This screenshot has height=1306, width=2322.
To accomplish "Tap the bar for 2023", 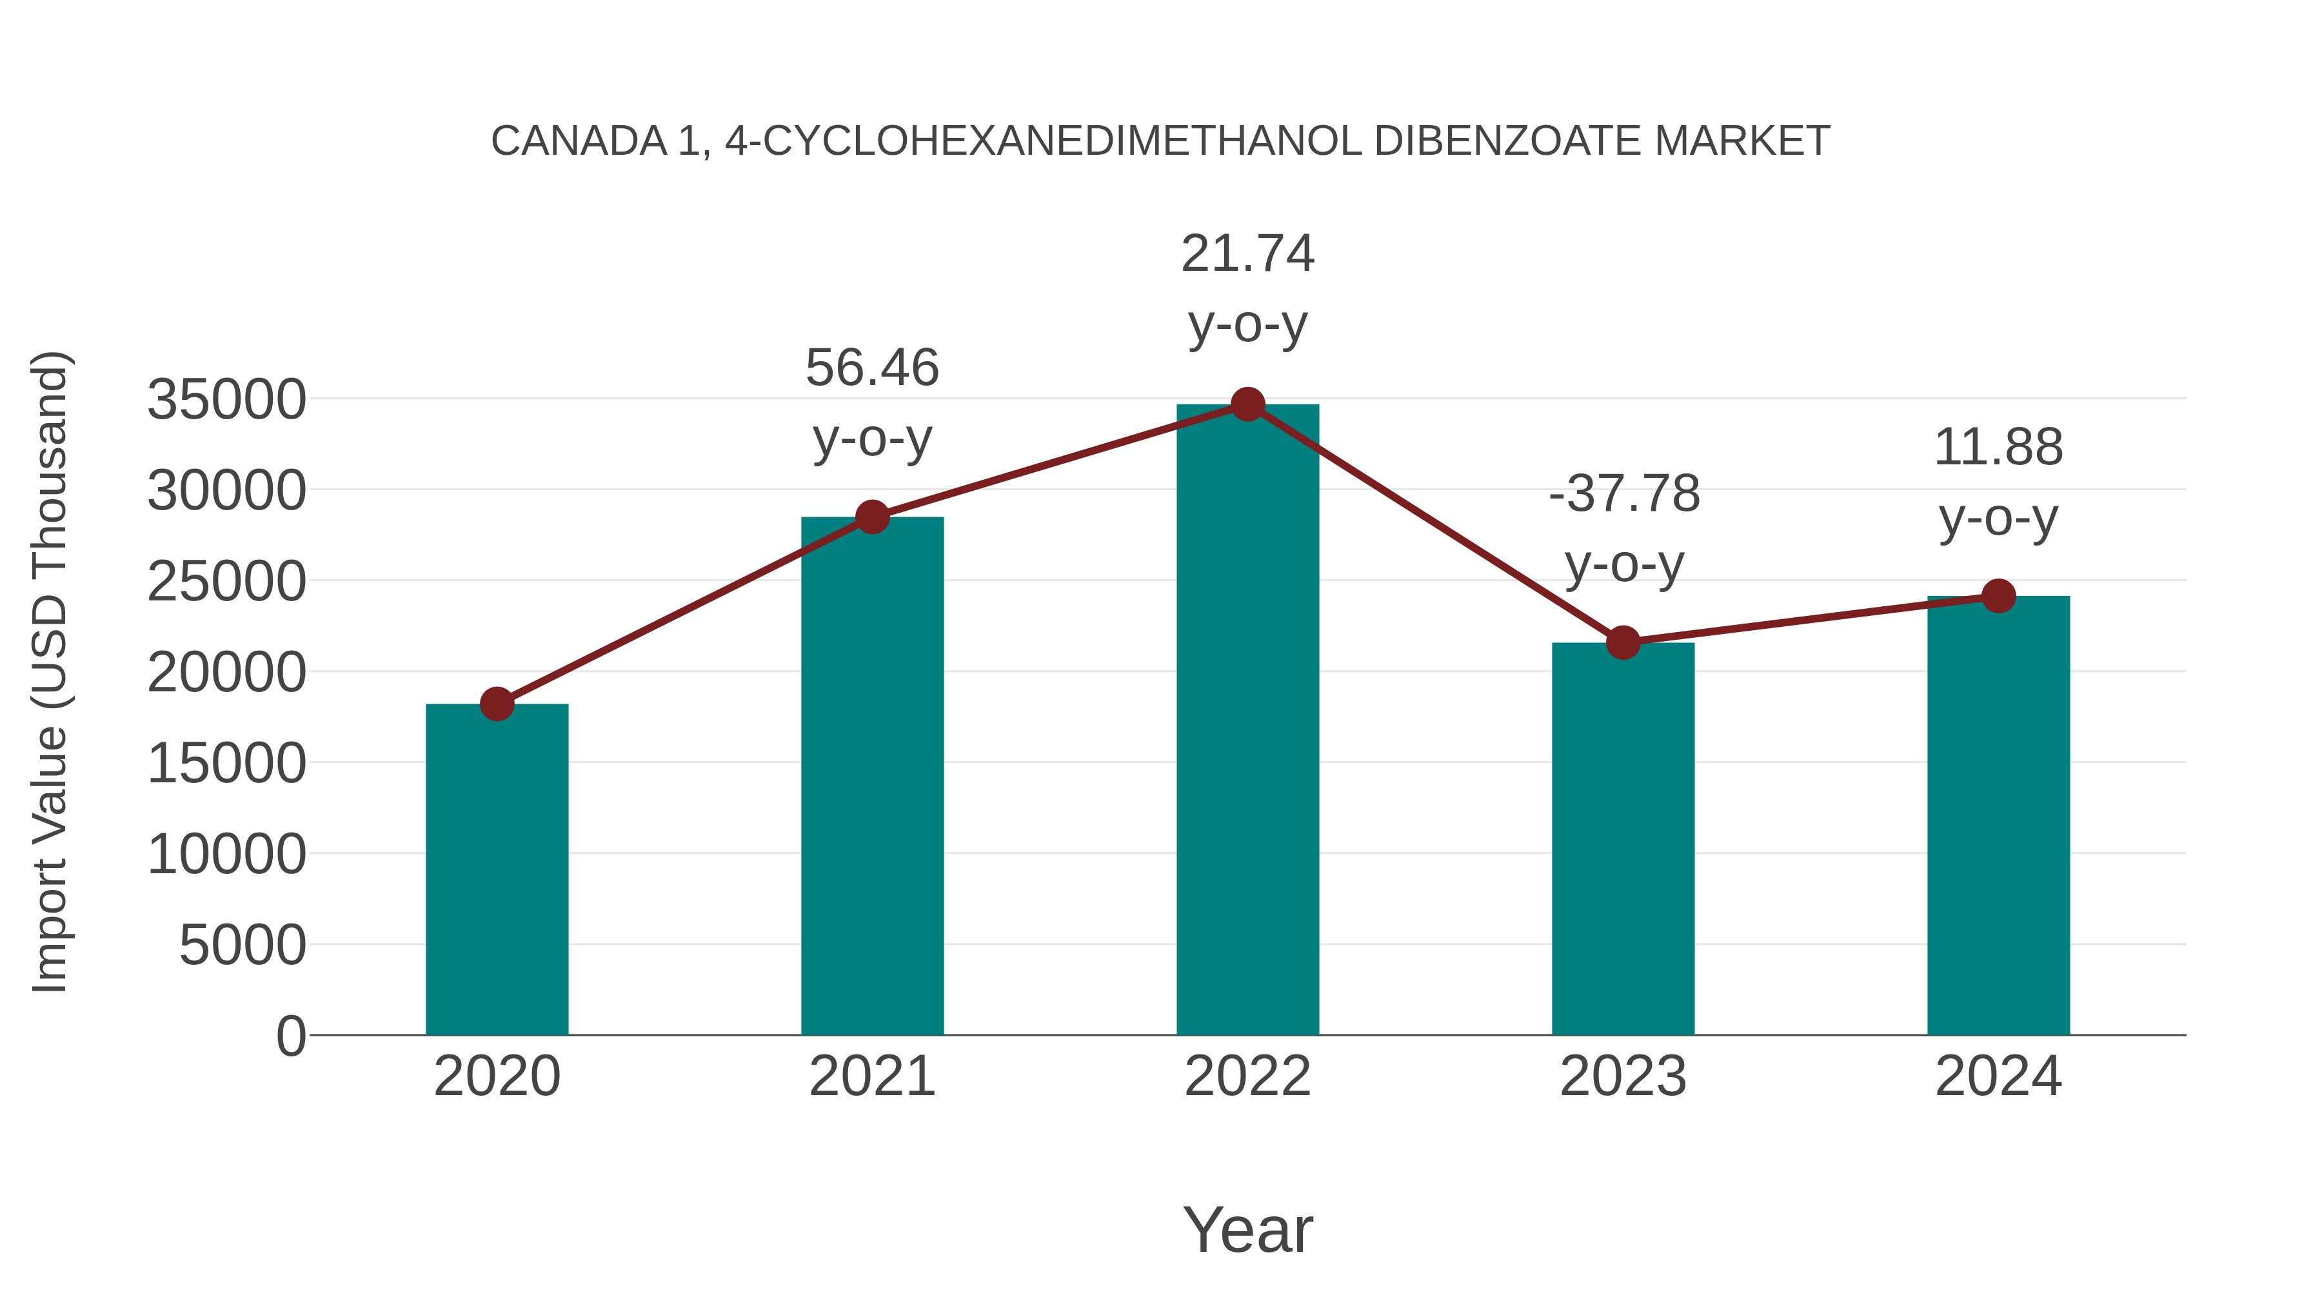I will [1623, 838].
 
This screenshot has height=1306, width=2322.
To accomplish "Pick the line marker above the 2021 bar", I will [871, 517].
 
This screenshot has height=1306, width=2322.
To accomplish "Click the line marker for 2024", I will [1998, 596].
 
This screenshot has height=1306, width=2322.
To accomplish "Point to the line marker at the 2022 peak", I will [1247, 404].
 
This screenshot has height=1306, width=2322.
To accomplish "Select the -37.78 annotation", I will [1623, 494].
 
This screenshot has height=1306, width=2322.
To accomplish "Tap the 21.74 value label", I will [1247, 253].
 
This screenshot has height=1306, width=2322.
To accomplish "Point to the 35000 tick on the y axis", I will [226, 399].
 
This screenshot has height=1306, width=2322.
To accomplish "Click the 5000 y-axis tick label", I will [243, 945].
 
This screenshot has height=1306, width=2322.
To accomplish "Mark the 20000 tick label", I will [226, 673].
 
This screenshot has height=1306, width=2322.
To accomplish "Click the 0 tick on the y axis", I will [290, 1036].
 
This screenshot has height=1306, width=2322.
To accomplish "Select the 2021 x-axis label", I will [871, 1076].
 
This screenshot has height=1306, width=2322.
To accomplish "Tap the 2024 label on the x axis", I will [1998, 1076].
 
